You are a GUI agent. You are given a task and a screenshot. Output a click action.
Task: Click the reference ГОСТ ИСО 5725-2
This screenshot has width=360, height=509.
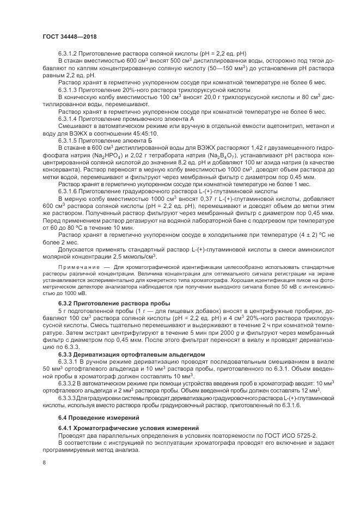coord(290,437)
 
